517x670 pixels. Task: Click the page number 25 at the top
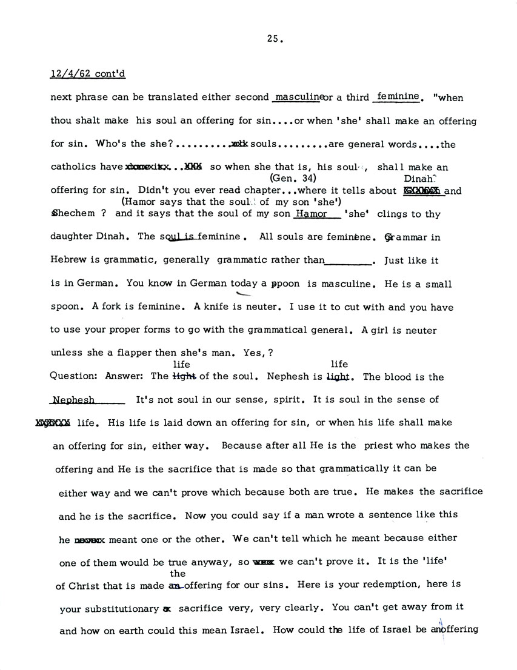(x=273, y=39)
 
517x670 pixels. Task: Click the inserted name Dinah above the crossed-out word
(x=420, y=179)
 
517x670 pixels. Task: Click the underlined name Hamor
(x=311, y=214)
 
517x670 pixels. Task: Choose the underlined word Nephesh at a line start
(x=73, y=400)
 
